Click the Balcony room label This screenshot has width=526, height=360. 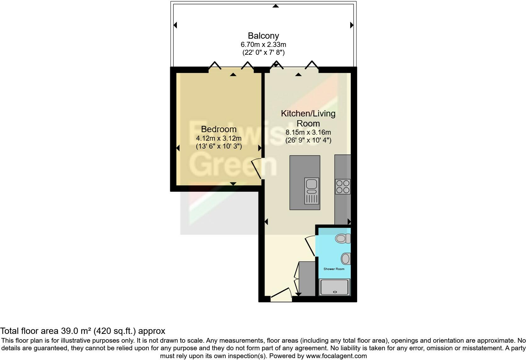click(x=263, y=36)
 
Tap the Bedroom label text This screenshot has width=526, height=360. click(x=219, y=129)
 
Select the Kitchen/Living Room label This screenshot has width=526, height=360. click(x=308, y=118)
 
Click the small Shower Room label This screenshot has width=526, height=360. click(x=334, y=269)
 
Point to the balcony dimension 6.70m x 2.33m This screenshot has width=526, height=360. click(x=263, y=45)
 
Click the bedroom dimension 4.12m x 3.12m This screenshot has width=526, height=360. click(x=219, y=138)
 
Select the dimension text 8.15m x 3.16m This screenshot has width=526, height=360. click(x=308, y=132)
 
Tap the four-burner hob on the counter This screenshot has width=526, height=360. click(x=343, y=186)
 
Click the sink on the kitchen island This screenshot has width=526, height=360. click(x=312, y=191)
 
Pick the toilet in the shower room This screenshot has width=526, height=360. click(x=343, y=238)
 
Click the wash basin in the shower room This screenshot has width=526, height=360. click(x=346, y=259)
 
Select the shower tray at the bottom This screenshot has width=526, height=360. click(x=334, y=287)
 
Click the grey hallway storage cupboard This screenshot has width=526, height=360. click(x=307, y=278)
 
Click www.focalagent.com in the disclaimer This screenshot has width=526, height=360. click(x=336, y=356)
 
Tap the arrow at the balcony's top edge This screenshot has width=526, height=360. click(x=276, y=6)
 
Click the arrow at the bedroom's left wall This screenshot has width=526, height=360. click(x=178, y=148)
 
